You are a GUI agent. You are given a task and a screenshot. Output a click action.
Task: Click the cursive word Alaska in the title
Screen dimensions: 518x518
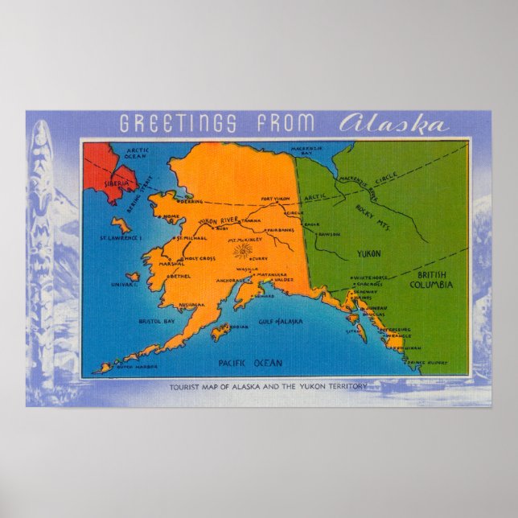click(x=393, y=125)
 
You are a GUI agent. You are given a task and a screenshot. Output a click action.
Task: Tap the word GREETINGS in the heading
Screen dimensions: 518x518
click(x=178, y=125)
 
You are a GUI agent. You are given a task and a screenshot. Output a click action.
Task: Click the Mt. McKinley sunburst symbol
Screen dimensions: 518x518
click(x=240, y=253)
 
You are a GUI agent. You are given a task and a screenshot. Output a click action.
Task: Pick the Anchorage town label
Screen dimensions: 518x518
click(x=232, y=280)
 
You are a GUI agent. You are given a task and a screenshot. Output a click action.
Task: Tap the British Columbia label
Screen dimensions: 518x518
click(x=431, y=279)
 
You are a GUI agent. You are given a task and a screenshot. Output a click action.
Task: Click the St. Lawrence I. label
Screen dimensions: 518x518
click(x=121, y=237)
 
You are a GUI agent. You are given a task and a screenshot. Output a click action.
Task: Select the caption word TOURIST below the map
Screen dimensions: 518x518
click(x=188, y=386)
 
